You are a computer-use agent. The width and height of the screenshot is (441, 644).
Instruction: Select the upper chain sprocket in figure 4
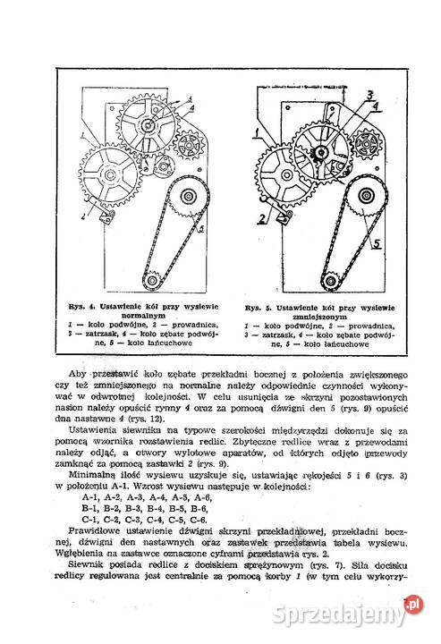click(189, 198)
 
